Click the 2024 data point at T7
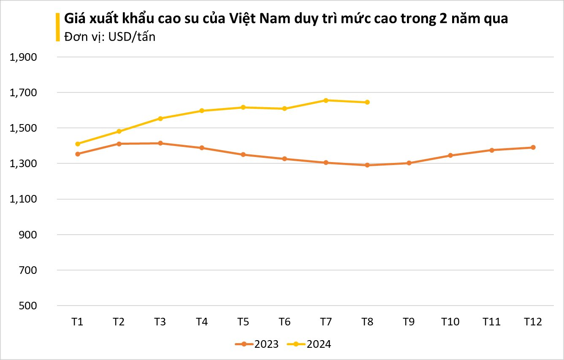(x=325, y=100)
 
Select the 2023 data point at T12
(x=533, y=147)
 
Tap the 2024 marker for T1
(x=77, y=144)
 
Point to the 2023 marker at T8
(x=367, y=165)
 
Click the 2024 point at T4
(x=202, y=111)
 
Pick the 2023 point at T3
(x=160, y=143)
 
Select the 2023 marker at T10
(x=450, y=155)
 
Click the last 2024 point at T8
(x=367, y=102)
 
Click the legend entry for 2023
(x=257, y=344)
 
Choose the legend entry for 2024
(x=309, y=344)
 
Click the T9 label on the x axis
(x=409, y=322)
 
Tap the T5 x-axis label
(x=243, y=322)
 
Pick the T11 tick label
(x=491, y=322)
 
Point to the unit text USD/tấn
(x=132, y=37)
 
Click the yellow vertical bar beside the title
(x=58, y=27)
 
